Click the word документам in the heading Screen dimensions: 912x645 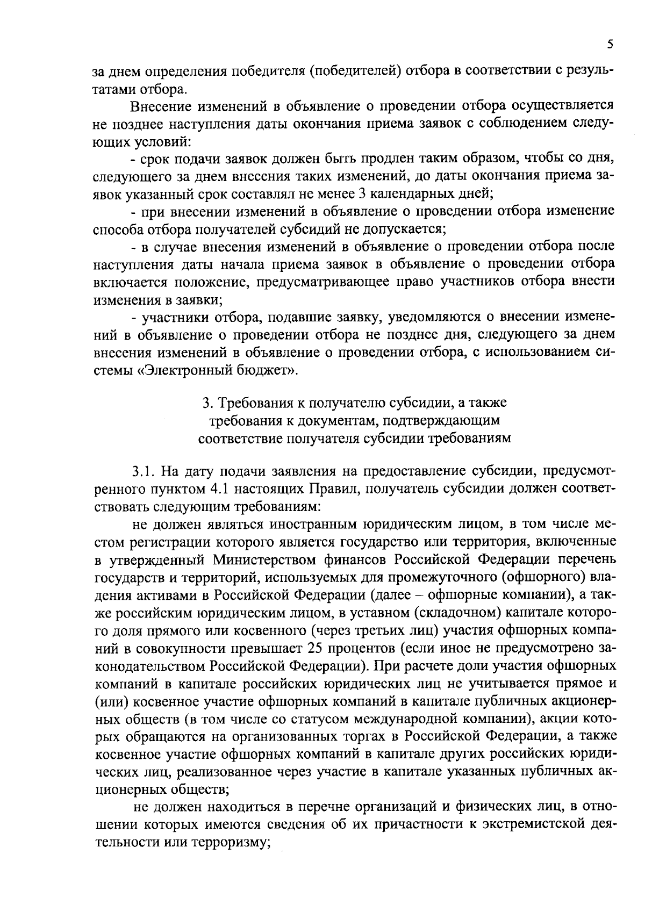[x=316, y=420]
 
